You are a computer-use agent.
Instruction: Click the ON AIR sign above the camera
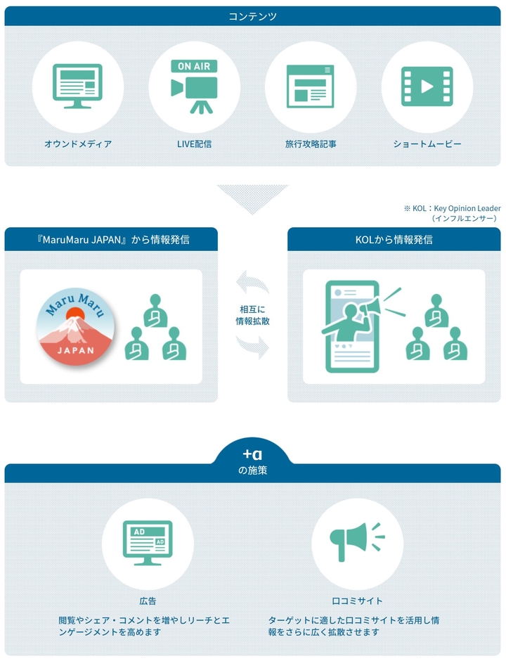(x=194, y=66)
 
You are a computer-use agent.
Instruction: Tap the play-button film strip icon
(x=427, y=86)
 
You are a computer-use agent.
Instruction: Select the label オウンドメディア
(x=79, y=144)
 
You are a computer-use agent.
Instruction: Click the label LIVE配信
(x=194, y=144)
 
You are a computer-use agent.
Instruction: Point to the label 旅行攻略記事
(x=311, y=144)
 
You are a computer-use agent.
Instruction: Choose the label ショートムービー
(x=427, y=144)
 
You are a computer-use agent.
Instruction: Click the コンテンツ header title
(x=253, y=16)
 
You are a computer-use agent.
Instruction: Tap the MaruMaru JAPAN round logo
(x=76, y=327)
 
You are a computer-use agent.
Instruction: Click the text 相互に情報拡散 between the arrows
(x=253, y=315)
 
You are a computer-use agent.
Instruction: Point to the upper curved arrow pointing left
(x=252, y=282)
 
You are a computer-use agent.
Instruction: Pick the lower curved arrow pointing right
(x=253, y=347)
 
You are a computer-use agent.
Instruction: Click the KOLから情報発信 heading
(x=394, y=240)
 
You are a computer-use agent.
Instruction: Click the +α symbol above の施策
(x=252, y=454)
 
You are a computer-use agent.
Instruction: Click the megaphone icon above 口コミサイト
(x=357, y=542)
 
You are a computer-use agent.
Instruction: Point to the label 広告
(x=148, y=601)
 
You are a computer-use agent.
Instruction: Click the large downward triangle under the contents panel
(x=253, y=196)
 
